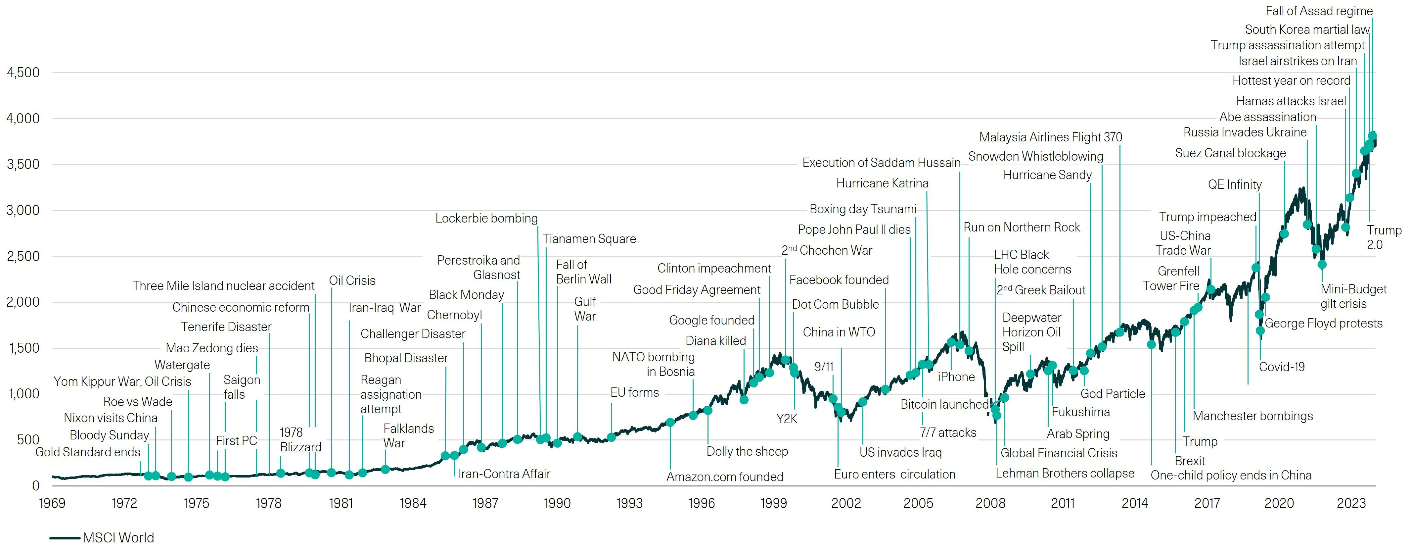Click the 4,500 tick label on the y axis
pyautogui.click(x=23, y=73)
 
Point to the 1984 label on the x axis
pyautogui.click(x=413, y=503)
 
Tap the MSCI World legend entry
pyautogui.click(x=118, y=537)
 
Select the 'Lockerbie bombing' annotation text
pyautogui.click(x=486, y=218)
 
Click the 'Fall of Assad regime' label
pyautogui.click(x=1318, y=11)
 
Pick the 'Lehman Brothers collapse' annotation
pyautogui.click(x=1065, y=473)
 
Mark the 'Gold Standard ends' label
pyautogui.click(x=88, y=452)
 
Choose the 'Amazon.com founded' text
pyautogui.click(x=725, y=477)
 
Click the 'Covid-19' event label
pyautogui.click(x=1282, y=367)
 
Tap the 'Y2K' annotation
pyautogui.click(x=787, y=419)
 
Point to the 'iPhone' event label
pyautogui.click(x=956, y=377)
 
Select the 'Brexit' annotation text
pyautogui.click(x=1189, y=461)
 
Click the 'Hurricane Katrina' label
pyautogui.click(x=882, y=183)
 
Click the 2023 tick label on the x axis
pyautogui.click(x=1351, y=503)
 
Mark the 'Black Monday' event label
pyautogui.click(x=466, y=294)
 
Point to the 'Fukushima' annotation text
pyautogui.click(x=1080, y=412)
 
